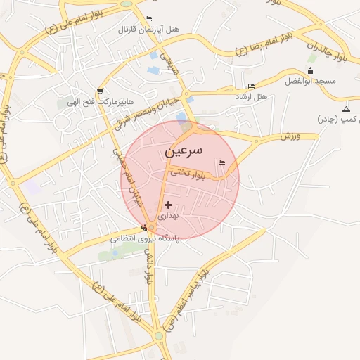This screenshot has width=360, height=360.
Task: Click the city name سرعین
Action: click(184, 150)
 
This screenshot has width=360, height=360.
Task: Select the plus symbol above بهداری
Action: click(167, 205)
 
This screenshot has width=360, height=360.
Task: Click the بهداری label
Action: click(169, 215)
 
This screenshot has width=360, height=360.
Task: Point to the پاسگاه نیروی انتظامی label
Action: click(144, 239)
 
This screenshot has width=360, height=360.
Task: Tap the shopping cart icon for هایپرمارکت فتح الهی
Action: click(100, 91)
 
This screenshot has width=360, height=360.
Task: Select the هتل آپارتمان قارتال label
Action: click(148, 30)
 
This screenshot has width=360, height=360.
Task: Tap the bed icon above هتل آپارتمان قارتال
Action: click(148, 19)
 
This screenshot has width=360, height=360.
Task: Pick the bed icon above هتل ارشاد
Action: click(251, 86)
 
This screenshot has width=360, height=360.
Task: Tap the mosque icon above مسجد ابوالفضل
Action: click(311, 71)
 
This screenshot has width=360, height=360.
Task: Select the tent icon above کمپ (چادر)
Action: click(346, 109)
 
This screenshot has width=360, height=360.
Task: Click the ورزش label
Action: click(290, 134)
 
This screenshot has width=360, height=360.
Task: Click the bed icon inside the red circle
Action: click(222, 163)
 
